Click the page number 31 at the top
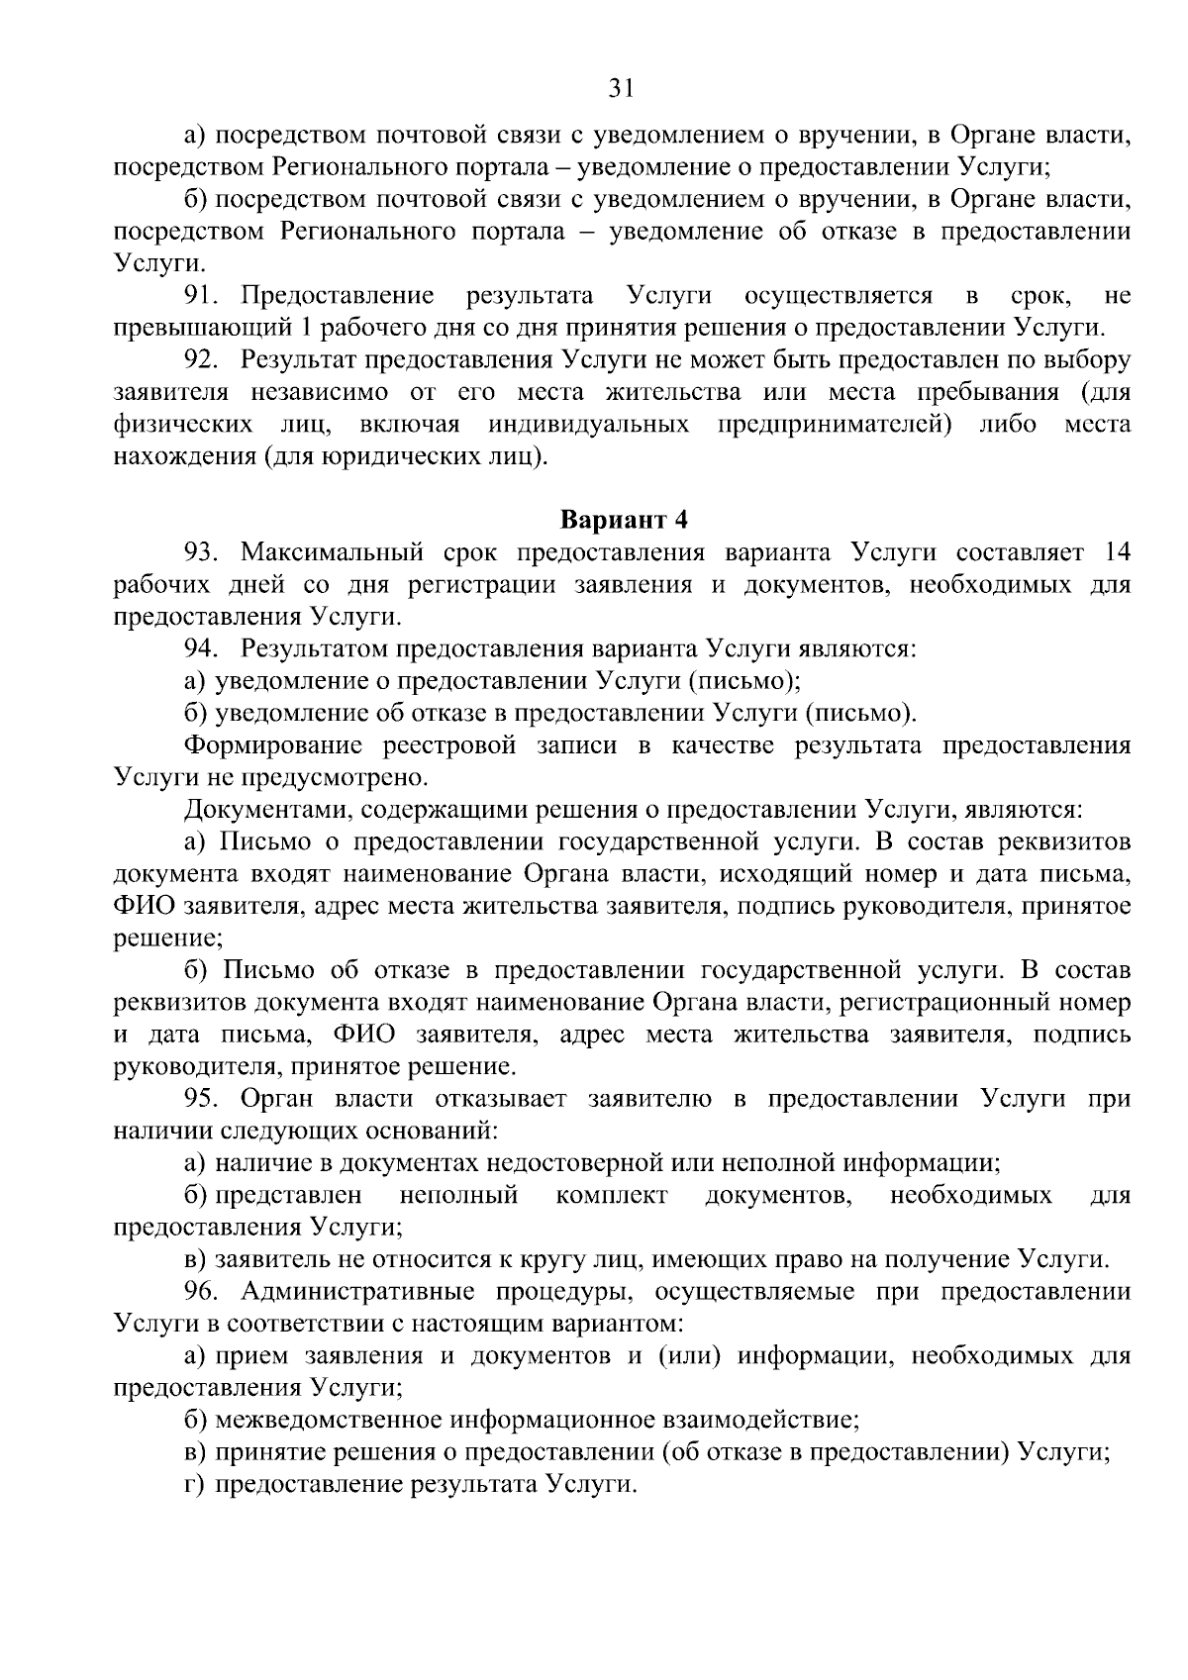[621, 89]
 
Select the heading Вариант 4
[624, 520]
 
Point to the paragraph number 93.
[203, 552]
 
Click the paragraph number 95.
[203, 1099]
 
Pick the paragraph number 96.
[203, 1292]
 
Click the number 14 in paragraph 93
[1115, 552]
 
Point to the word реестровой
[451, 745]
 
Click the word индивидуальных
[588, 425]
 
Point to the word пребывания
[984, 392]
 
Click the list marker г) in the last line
[194, 1485]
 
